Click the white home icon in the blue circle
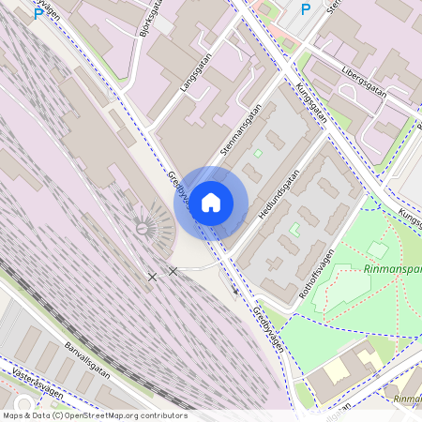point(211,203)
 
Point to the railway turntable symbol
point(143,227)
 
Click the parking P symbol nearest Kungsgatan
point(305,9)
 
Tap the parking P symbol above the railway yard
point(38,14)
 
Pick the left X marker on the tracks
point(152,277)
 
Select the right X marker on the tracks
point(173,271)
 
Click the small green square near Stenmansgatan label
point(258,153)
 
